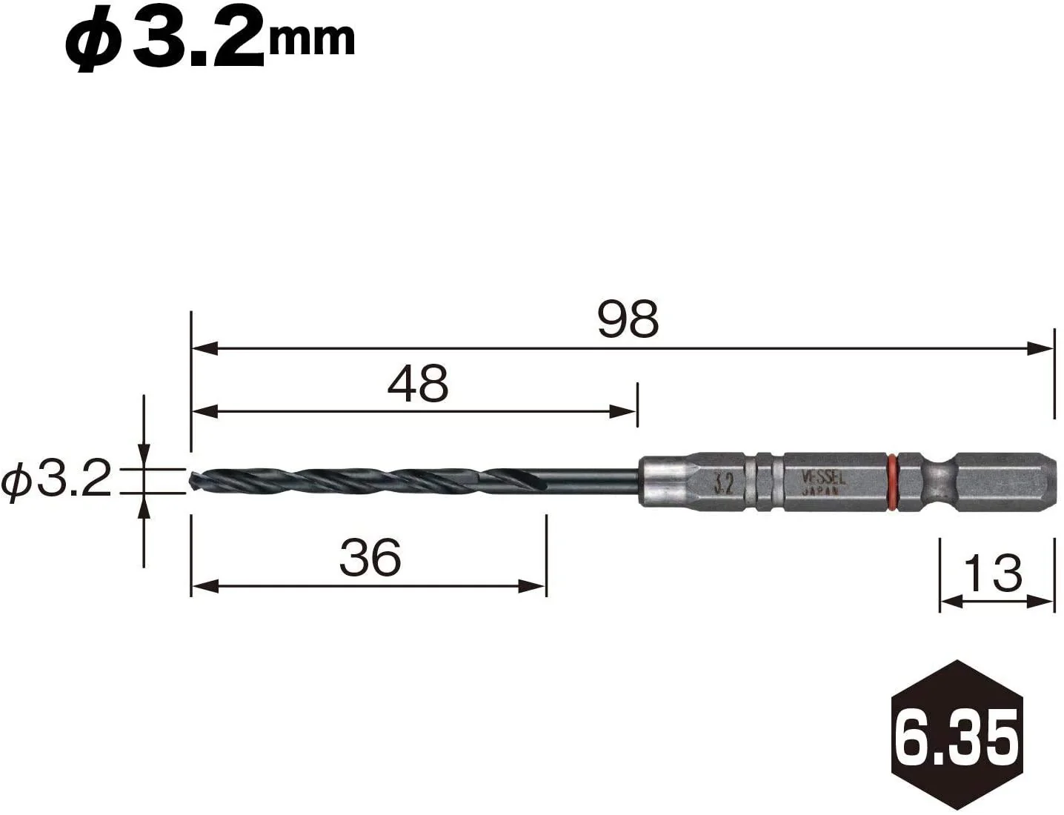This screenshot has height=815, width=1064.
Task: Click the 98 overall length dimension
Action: [x=628, y=319]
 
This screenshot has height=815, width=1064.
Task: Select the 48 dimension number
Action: [x=418, y=383]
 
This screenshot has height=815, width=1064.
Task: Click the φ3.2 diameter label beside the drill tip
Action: [x=56, y=478]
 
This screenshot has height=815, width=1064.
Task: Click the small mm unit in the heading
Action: [x=311, y=40]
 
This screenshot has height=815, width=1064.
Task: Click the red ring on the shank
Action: [x=892, y=482]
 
